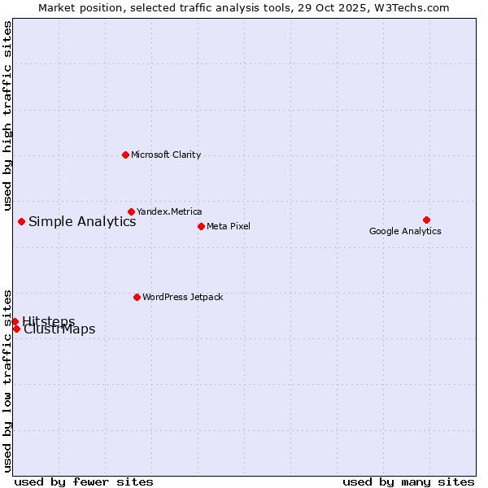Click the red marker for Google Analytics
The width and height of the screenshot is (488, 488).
coord(426,220)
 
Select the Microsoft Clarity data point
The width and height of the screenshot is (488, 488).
coord(125,155)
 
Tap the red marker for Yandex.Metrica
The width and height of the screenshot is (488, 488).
coord(131,211)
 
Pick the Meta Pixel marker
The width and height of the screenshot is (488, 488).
coord(201,226)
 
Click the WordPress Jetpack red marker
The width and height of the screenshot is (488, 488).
coord(137,297)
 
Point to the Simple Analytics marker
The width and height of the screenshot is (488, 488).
coord(21,221)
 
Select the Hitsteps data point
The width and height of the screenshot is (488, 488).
coord(15,321)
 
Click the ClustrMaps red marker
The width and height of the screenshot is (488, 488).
coord(16,329)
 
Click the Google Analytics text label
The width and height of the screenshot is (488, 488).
coord(405,231)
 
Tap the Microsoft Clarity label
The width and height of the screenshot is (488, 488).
coord(166,155)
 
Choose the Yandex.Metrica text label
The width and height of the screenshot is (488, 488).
coord(169,211)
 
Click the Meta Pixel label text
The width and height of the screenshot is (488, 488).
coord(229,226)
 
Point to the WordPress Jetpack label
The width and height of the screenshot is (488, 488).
coord(182,297)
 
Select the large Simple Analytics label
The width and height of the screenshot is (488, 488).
coord(82,221)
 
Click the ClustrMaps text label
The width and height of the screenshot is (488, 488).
coord(59,329)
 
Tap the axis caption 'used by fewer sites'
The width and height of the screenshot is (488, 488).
coord(84,481)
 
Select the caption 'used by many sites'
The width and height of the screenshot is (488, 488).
coord(408,481)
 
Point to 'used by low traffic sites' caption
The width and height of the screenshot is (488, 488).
coord(7,380)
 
